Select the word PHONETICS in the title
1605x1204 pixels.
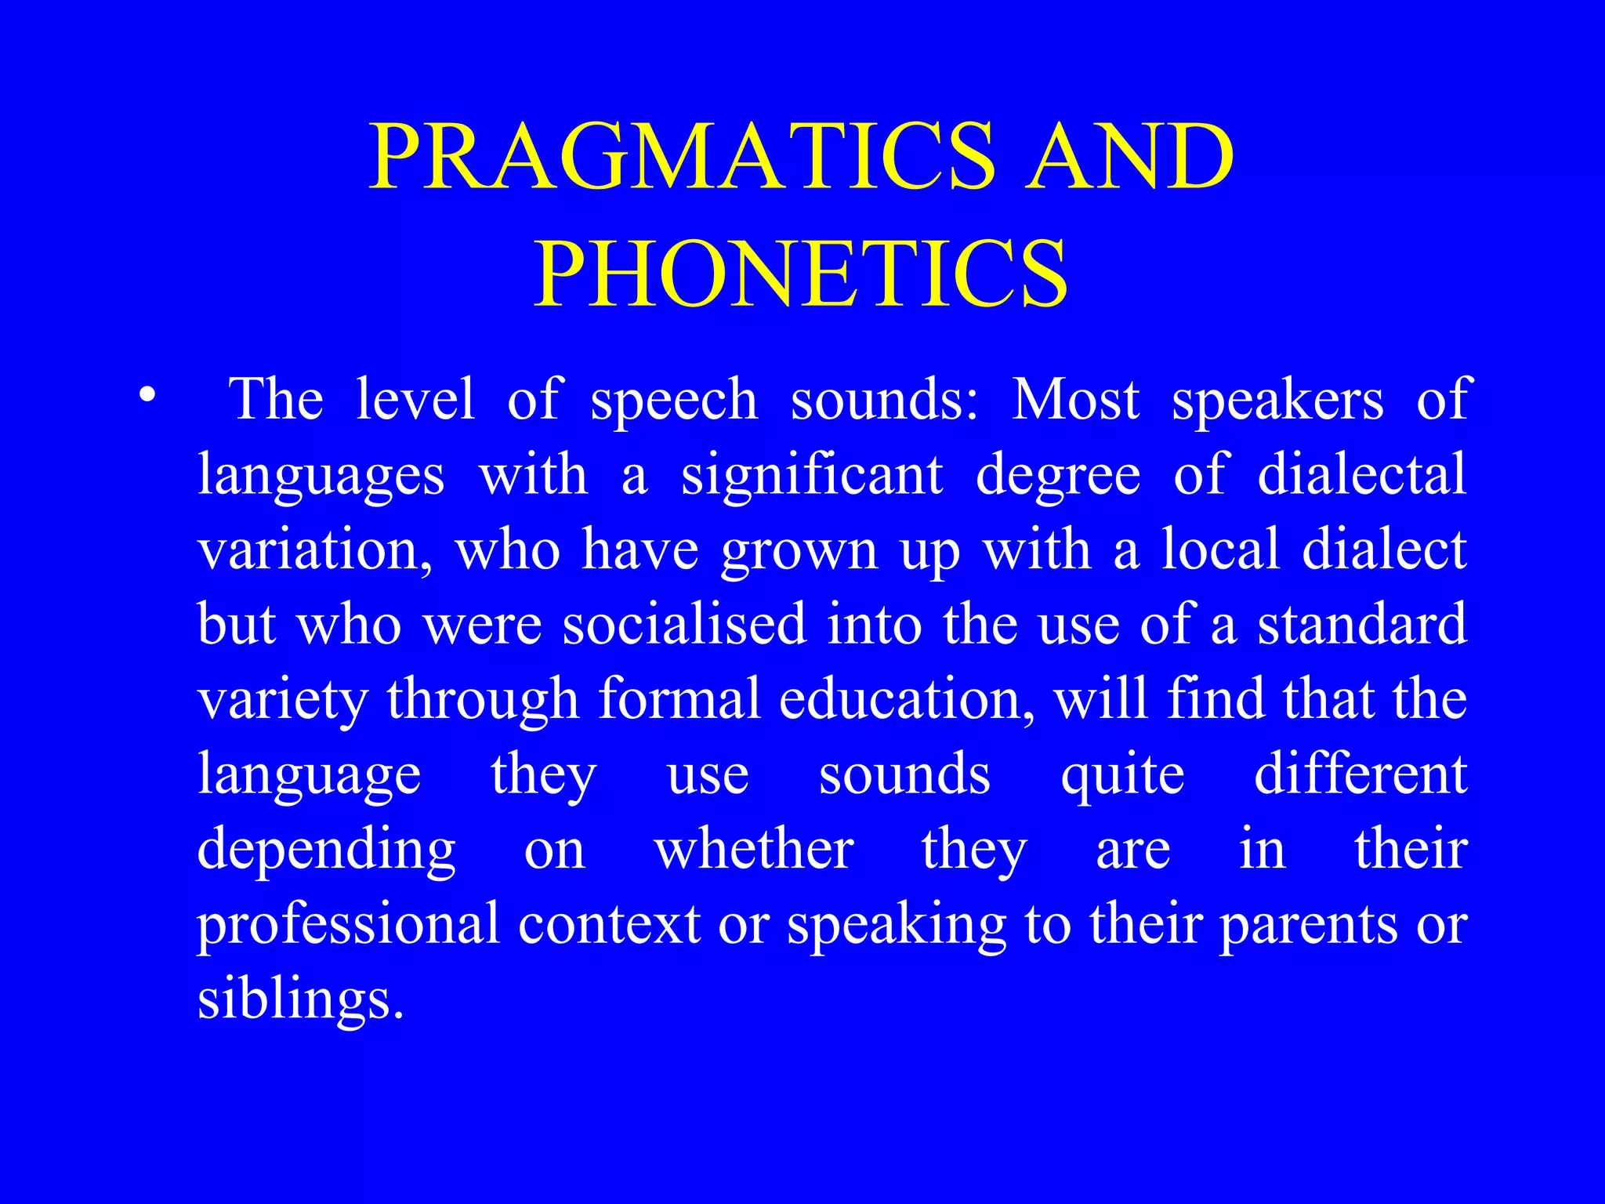pyautogui.click(x=801, y=274)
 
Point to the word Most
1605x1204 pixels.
pyautogui.click(x=1075, y=400)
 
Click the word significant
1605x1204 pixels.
pyautogui.click(x=812, y=475)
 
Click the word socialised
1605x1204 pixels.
pyautogui.click(x=684, y=624)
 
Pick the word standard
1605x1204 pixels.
pyautogui.click(x=1361, y=624)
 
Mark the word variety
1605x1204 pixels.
pyautogui.click(x=282, y=700)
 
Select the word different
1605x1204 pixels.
pyautogui.click(x=1360, y=774)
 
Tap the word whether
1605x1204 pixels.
pyautogui.click(x=754, y=849)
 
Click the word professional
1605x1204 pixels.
pyautogui.click(x=348, y=925)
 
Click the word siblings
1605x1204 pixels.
pyautogui.click(x=300, y=1001)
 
